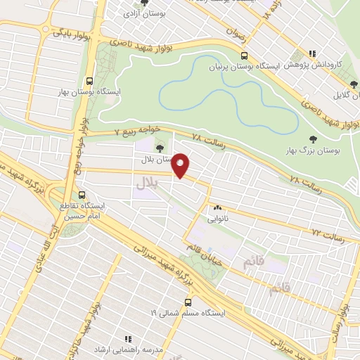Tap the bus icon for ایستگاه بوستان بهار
(89, 81)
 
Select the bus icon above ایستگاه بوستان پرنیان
(244, 56)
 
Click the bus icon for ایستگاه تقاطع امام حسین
(83, 195)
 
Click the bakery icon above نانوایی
(217, 207)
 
